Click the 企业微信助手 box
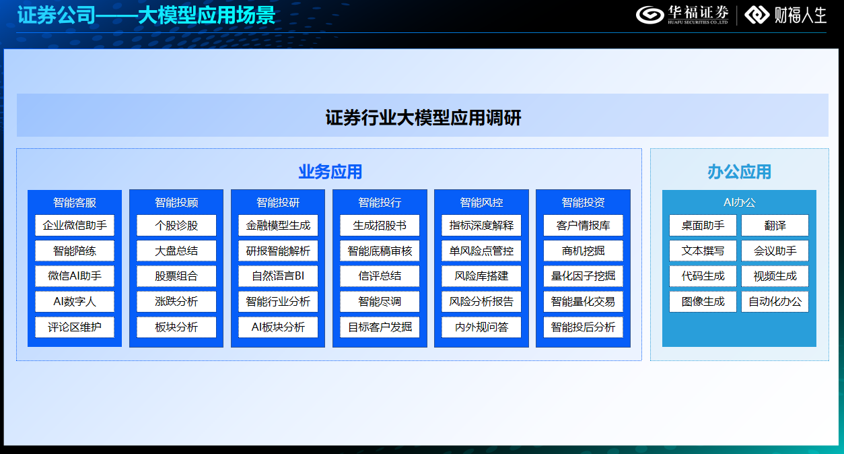75,225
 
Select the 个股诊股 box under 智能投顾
176,225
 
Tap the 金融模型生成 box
278,225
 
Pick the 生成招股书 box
380,225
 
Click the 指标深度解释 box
481,225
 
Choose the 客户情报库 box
583,225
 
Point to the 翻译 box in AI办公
775,225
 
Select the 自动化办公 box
775,301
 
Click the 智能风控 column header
481,202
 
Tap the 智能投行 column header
380,202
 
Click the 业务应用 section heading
330,172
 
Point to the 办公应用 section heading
739,172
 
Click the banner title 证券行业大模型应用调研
423,119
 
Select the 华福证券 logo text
698,13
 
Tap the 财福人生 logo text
800,15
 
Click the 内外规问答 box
481,327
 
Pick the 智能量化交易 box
583,301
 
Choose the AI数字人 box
75,301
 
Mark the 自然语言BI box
278,276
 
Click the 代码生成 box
703,276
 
